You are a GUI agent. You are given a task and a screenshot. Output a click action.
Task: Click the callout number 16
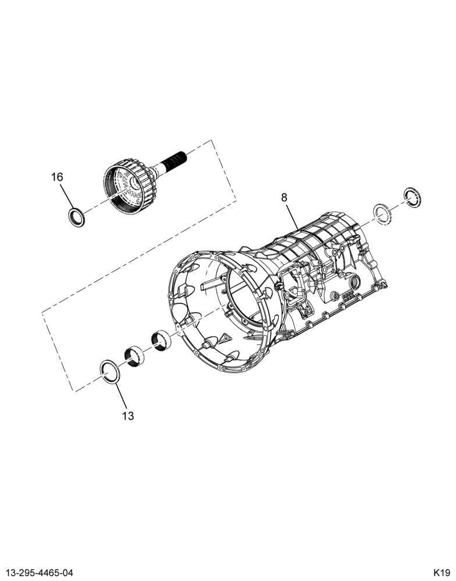tap(57, 177)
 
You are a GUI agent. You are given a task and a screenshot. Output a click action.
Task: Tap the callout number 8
tap(284, 198)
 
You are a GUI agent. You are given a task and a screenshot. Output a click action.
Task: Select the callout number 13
tap(127, 416)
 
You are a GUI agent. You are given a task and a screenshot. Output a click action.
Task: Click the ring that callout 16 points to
tap(77, 217)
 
